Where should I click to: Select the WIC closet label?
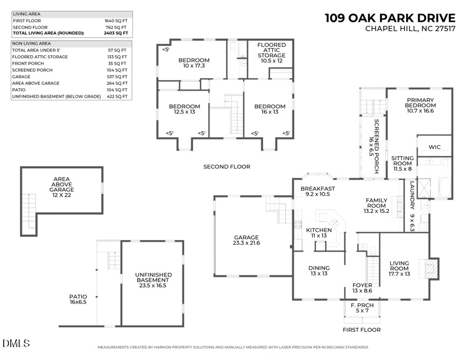click(x=435, y=146)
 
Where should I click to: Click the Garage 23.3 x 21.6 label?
click(x=247, y=239)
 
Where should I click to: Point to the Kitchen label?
click(x=318, y=232)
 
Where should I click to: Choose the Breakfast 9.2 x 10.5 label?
click(x=318, y=192)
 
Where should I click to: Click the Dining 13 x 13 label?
click(x=318, y=271)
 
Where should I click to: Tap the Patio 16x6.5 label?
click(x=78, y=299)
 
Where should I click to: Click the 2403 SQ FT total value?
click(x=117, y=33)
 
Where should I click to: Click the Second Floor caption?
click(x=227, y=167)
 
